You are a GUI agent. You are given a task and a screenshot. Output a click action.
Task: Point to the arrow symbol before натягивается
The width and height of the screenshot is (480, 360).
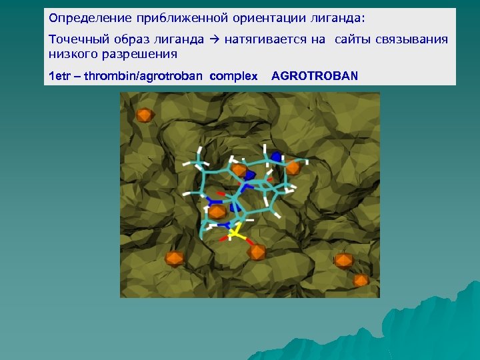pyautogui.click(x=214, y=40)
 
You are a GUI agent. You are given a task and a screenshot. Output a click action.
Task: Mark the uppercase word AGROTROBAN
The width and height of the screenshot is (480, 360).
pyautogui.click(x=315, y=75)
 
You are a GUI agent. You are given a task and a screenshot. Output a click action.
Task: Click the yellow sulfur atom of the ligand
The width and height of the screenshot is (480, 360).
pyautogui.click(x=235, y=234)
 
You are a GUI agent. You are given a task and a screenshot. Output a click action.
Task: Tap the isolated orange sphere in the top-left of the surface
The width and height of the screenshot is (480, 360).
pyautogui.click(x=144, y=115)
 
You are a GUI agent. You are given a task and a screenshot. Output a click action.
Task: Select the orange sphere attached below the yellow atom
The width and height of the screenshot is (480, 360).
pyautogui.click(x=257, y=252)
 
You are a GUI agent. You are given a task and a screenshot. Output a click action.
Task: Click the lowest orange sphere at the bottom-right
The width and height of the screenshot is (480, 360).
pyautogui.click(x=361, y=280)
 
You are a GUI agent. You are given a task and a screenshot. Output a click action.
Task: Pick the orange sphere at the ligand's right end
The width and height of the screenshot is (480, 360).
pyautogui.click(x=292, y=169)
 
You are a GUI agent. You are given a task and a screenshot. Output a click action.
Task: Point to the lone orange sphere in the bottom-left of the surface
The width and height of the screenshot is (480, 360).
pyautogui.click(x=174, y=257)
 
